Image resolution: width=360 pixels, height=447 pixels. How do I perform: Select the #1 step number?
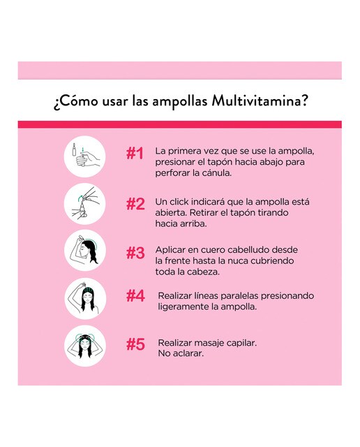[x=135, y=154]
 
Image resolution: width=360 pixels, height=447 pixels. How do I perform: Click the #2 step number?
[x=135, y=204]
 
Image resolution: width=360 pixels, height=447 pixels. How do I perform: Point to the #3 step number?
[x=135, y=253]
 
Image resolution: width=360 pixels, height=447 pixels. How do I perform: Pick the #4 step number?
[x=135, y=296]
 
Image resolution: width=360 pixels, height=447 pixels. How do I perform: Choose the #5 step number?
[x=135, y=344]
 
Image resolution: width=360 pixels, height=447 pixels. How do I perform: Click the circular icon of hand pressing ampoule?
[x=85, y=156]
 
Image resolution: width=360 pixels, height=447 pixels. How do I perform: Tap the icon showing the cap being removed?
[x=85, y=204]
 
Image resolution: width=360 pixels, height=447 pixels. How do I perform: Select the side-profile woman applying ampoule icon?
[x=85, y=251]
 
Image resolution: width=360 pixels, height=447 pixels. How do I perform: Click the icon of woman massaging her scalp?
[x=85, y=346]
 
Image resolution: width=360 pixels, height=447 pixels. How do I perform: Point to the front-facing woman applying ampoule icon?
[x=85, y=298]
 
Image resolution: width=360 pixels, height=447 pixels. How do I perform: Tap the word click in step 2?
[x=179, y=202]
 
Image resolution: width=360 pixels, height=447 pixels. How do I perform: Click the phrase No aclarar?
[x=181, y=353]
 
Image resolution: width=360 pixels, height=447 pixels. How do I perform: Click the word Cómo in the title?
[x=79, y=101]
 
